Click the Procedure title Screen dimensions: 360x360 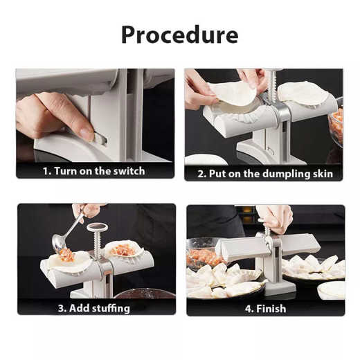pyautogui.click(x=179, y=34)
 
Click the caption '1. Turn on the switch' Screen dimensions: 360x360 pyautogui.click(x=95, y=170)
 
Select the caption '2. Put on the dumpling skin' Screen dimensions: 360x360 pyautogui.click(x=264, y=173)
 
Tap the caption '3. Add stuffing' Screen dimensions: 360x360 pyautogui.click(x=95, y=308)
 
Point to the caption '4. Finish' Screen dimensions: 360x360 pyautogui.click(x=265, y=308)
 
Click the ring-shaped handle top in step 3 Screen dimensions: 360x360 pyautogui.click(x=98, y=227)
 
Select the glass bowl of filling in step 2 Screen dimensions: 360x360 pyautogui.click(x=336, y=125)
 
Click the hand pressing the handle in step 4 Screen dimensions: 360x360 pyautogui.click(x=275, y=218)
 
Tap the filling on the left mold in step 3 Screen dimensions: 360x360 pyautogui.click(x=67, y=255)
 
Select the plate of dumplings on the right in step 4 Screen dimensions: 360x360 pyautogui.click(x=312, y=267)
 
